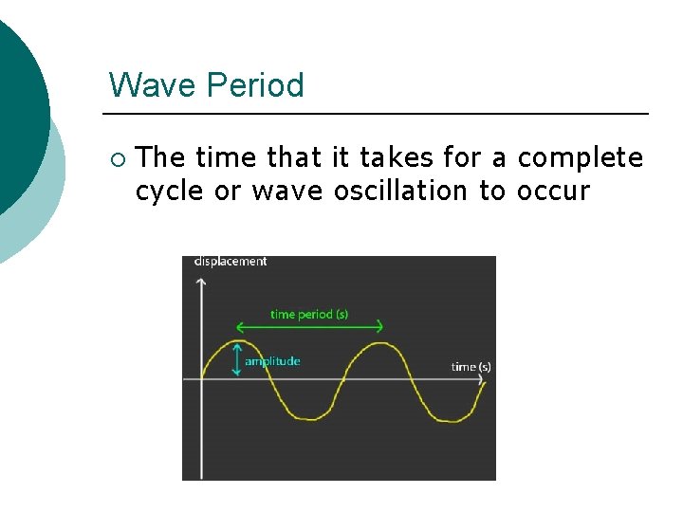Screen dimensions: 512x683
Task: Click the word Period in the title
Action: [x=254, y=85]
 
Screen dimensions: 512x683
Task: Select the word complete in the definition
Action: [x=580, y=157]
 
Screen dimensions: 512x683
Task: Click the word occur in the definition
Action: [x=552, y=191]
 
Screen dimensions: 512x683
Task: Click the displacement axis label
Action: [x=231, y=262]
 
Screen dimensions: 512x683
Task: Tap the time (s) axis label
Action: [x=471, y=367]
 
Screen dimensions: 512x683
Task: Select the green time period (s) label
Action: [x=309, y=314]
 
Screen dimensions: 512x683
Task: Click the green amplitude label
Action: [x=272, y=361]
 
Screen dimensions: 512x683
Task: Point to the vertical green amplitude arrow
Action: [x=236, y=361]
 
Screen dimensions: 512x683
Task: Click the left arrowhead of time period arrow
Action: [x=238, y=327]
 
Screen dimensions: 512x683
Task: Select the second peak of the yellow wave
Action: [x=379, y=344]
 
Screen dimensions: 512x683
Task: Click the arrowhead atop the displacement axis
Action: [x=201, y=282]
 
